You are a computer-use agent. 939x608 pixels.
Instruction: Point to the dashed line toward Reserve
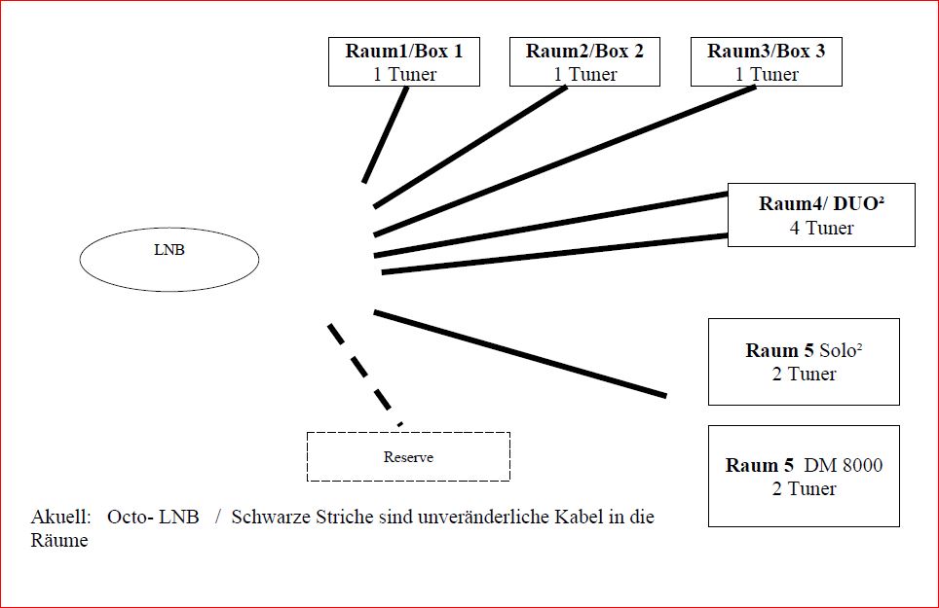click(x=364, y=375)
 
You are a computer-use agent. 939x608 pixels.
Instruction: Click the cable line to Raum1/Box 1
click(x=385, y=134)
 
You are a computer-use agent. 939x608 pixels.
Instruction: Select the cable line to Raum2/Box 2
click(x=470, y=147)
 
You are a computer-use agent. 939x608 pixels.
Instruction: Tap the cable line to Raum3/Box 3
click(x=565, y=161)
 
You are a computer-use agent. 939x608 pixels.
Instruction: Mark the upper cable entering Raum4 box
click(x=551, y=224)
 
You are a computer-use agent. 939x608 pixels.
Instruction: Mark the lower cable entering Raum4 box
click(x=555, y=254)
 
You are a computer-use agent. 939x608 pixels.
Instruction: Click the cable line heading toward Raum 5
click(x=520, y=353)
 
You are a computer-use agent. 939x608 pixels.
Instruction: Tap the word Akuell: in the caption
click(x=60, y=517)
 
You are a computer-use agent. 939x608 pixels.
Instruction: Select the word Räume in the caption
click(x=59, y=540)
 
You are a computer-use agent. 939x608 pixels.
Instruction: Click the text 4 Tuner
click(x=821, y=228)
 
